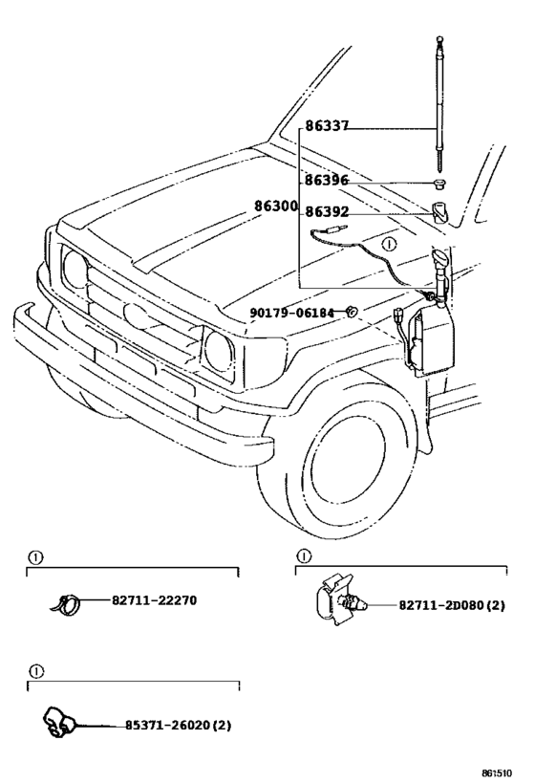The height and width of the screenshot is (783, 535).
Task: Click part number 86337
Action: pyautogui.click(x=327, y=126)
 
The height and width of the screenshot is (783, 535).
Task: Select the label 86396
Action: pyautogui.click(x=327, y=181)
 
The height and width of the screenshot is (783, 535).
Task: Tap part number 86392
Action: pyautogui.click(x=327, y=211)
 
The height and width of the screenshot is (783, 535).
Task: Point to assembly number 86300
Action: pyautogui.click(x=276, y=206)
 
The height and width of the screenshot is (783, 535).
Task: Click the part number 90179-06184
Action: pyautogui.click(x=291, y=313)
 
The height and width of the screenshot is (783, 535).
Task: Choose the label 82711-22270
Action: pyautogui.click(x=154, y=600)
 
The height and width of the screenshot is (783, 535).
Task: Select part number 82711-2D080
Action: pyautogui.click(x=440, y=605)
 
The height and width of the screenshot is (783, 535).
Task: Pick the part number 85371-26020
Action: pyautogui.click(x=167, y=725)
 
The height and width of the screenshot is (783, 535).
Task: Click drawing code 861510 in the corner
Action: pyautogui.click(x=497, y=773)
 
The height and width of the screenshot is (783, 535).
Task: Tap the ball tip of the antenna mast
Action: pyautogui.click(x=439, y=39)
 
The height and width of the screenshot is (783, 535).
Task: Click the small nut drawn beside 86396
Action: pyautogui.click(x=439, y=184)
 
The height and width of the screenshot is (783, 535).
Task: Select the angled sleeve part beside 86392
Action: pyautogui.click(x=439, y=211)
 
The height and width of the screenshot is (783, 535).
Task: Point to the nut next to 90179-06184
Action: pyautogui.click(x=352, y=312)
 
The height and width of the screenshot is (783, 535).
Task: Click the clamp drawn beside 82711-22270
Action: pyautogui.click(x=66, y=604)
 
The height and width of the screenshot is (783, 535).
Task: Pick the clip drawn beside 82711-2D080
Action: pyautogui.click(x=340, y=599)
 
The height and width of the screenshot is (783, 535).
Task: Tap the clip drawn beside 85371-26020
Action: pyautogui.click(x=57, y=722)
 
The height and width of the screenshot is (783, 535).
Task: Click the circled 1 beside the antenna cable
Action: pyautogui.click(x=388, y=244)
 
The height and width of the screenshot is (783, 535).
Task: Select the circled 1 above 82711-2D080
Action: pyautogui.click(x=304, y=555)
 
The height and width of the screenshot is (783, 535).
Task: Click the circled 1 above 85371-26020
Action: pyautogui.click(x=36, y=672)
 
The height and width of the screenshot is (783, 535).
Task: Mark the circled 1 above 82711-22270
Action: pyautogui.click(x=35, y=557)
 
